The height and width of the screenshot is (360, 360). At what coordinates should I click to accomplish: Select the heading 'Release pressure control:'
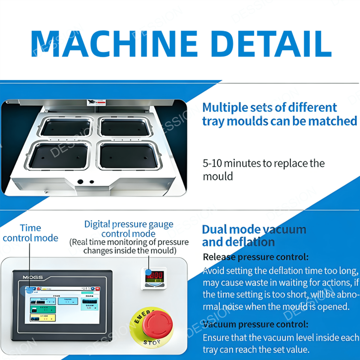tap(255, 257)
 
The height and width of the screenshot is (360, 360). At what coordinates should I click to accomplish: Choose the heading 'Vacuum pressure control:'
tap(255, 324)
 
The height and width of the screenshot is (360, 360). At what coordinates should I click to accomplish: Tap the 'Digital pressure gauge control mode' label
tap(129, 229)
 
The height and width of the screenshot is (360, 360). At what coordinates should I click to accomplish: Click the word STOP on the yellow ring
tap(152, 342)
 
